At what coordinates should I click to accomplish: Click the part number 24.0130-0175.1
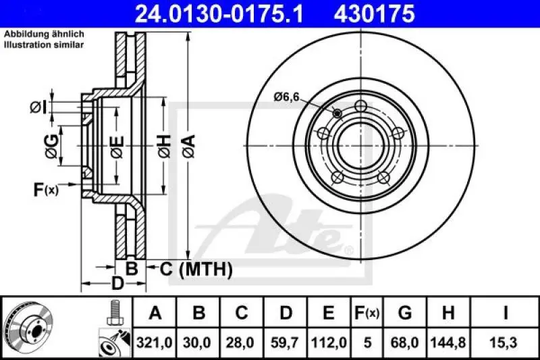click(x=211, y=13)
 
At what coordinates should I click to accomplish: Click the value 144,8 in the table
click(x=448, y=343)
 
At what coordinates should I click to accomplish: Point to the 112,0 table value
click(x=329, y=343)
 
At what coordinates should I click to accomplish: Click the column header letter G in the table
click(x=405, y=313)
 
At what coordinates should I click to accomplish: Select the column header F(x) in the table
click(x=367, y=313)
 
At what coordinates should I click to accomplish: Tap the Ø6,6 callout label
click(x=286, y=97)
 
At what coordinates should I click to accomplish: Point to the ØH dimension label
click(x=163, y=143)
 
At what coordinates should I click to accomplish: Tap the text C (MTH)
click(x=196, y=269)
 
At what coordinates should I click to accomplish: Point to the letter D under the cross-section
click(x=117, y=284)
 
